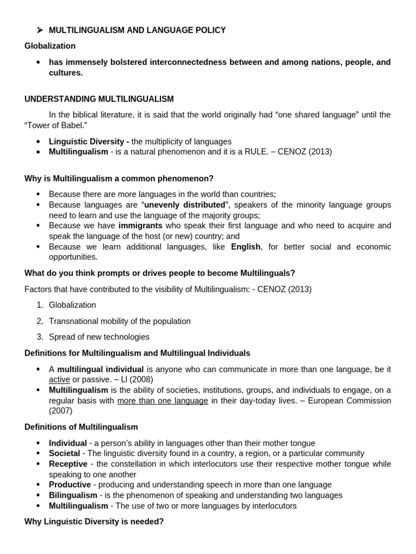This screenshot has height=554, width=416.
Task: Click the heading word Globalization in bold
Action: [x=50, y=46]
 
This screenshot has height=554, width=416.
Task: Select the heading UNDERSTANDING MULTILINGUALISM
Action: [x=99, y=99]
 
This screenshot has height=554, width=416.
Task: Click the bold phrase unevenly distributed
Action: [x=184, y=205]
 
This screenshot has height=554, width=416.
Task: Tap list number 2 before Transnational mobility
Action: [x=40, y=321]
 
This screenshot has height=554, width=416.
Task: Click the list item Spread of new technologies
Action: [x=99, y=337]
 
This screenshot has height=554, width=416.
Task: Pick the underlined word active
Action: [x=60, y=380]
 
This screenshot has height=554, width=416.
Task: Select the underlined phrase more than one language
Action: [x=162, y=401]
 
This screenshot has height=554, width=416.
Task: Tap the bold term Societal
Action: [x=64, y=453]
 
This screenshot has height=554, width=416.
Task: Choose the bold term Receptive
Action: [x=68, y=464]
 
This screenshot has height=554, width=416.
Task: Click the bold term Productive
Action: [x=69, y=485]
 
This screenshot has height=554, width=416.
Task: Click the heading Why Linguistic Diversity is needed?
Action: [x=94, y=522]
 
